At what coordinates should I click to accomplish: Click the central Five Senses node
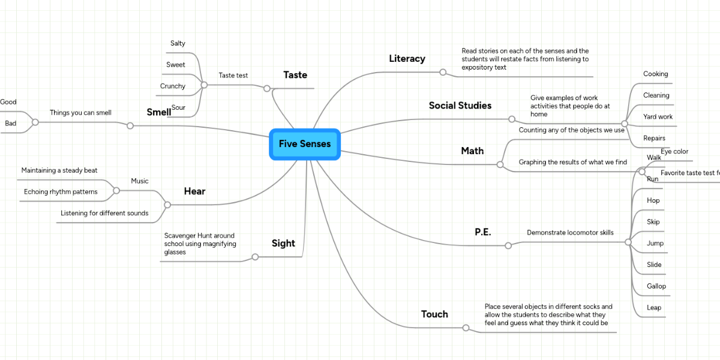(305, 145)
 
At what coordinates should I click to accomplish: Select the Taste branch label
(295, 75)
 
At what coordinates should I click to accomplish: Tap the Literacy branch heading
(407, 58)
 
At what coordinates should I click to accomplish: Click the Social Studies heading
(460, 106)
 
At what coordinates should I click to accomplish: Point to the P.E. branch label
(483, 232)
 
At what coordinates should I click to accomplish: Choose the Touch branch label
(434, 314)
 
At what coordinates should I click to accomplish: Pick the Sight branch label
(283, 243)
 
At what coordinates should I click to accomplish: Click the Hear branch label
(194, 191)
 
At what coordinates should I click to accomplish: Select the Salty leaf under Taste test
(178, 43)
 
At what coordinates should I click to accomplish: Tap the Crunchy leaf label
(173, 86)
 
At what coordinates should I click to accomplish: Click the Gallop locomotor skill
(656, 286)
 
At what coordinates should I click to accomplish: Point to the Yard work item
(658, 116)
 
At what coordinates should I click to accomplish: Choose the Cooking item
(655, 74)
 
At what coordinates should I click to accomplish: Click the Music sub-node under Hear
(140, 181)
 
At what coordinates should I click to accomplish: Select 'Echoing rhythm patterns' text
(61, 192)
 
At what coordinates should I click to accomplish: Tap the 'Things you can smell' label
(80, 112)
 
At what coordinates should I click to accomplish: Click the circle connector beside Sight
(255, 257)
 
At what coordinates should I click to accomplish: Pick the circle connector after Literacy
(443, 72)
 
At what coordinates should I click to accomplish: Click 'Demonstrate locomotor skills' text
(570, 232)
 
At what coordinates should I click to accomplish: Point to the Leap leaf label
(654, 308)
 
